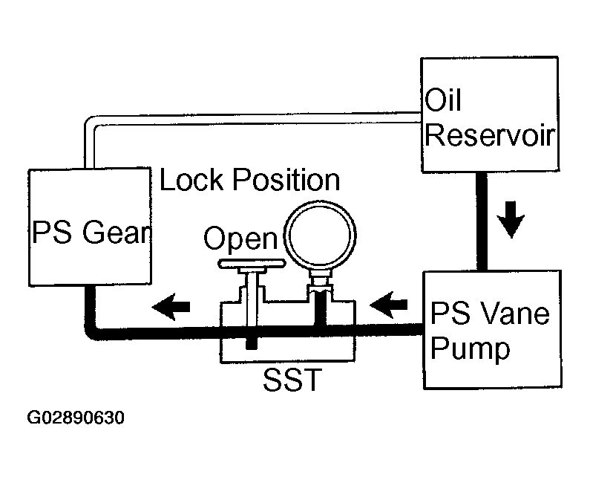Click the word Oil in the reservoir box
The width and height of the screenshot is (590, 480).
[442, 100]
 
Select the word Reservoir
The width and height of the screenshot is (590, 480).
[490, 135]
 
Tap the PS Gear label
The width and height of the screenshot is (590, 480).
[91, 232]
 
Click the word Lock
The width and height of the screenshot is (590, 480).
[191, 179]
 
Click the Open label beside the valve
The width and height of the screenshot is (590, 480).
[240, 239]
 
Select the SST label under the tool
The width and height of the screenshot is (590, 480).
[292, 380]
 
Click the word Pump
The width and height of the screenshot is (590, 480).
[471, 348]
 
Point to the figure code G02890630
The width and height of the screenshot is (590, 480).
[76, 418]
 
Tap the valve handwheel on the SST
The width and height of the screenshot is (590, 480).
[252, 264]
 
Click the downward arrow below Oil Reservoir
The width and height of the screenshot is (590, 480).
[511, 220]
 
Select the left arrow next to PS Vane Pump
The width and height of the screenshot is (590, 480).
[389, 305]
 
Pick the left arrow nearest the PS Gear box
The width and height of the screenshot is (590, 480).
[171, 307]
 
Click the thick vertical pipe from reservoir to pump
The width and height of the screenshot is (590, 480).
[482, 221]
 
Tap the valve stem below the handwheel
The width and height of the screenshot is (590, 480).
[252, 298]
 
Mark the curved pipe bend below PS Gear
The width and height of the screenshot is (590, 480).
[91, 334]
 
